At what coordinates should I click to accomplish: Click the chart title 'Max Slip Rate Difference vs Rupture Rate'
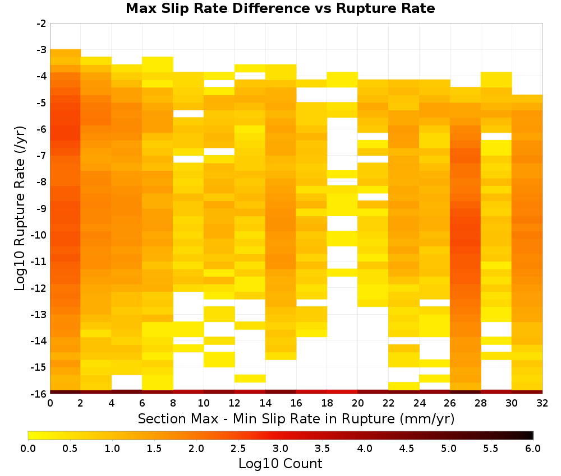pos(280,8)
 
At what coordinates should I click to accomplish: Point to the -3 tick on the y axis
pos(42,50)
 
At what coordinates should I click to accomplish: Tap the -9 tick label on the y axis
pos(42,208)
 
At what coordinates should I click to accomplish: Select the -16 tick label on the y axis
pos(39,394)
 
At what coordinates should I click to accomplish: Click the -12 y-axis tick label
pos(39,288)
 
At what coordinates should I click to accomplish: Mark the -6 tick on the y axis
pos(42,129)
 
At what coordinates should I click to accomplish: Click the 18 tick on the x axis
pos(327,403)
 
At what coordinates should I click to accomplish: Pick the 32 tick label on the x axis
pos(542,403)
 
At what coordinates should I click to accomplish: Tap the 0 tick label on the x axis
pos(50,403)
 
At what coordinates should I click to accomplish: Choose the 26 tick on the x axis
pos(450,403)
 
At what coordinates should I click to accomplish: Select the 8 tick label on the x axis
pos(173,403)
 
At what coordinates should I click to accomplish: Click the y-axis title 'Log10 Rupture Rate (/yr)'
pos(20,208)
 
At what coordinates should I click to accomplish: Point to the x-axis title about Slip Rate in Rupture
pos(296,419)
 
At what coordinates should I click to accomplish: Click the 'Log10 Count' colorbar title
pos(280,464)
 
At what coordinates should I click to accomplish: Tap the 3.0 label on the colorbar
pos(280,449)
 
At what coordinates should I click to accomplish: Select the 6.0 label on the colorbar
pos(533,449)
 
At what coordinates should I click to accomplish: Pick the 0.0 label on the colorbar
pos(28,449)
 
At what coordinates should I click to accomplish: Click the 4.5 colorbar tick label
pos(407,449)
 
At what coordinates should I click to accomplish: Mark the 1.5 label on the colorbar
pos(154,449)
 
